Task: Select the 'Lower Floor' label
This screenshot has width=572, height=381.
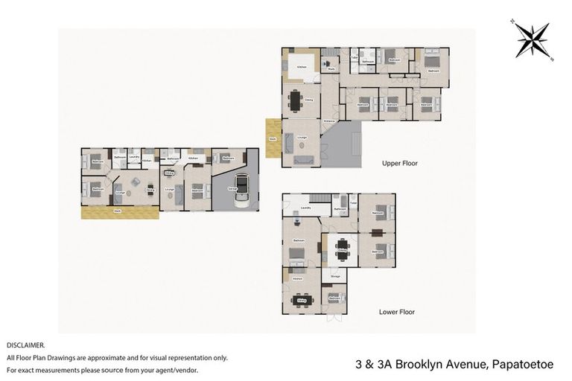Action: (396, 312)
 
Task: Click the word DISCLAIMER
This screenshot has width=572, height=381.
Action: (25, 345)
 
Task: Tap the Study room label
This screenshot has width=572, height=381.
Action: (331, 70)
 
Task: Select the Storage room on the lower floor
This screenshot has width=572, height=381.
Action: (335, 276)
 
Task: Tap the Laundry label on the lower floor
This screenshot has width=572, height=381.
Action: (305, 208)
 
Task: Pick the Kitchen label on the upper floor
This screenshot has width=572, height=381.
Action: (302, 68)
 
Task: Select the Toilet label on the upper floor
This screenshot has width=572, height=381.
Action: (355, 58)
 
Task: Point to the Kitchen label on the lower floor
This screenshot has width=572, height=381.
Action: (297, 278)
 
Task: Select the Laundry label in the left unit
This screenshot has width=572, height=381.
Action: (134, 157)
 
